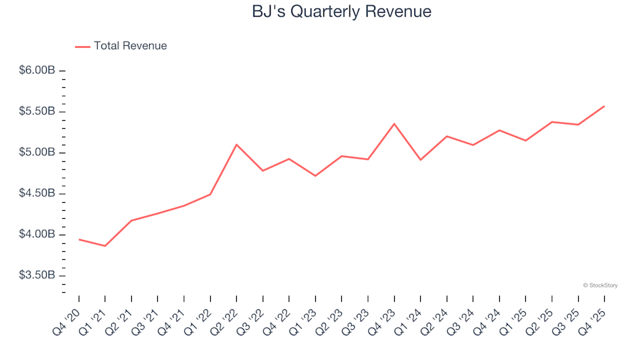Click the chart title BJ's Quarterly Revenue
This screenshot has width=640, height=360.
click(x=341, y=11)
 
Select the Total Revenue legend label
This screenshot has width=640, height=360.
click(x=130, y=46)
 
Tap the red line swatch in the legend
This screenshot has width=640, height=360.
click(x=83, y=47)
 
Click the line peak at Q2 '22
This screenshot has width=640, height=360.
click(x=237, y=145)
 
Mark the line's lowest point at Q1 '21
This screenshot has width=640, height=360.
click(x=105, y=246)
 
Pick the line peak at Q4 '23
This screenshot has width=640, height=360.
click(x=394, y=124)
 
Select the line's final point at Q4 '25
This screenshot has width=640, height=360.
click(x=604, y=106)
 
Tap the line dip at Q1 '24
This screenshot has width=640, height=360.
click(x=421, y=160)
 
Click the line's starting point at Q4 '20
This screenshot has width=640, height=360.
click(x=79, y=239)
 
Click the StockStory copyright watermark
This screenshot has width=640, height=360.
click(x=600, y=285)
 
